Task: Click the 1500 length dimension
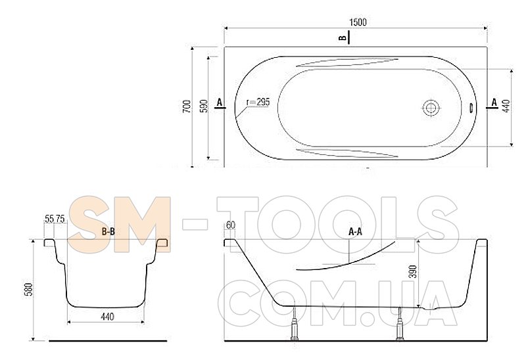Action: click(358, 22)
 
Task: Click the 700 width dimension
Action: click(187, 106)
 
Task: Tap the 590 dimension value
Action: click(204, 106)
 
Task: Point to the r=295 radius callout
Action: click(258, 102)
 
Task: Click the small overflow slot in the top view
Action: click(471, 108)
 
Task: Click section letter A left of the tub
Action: click(220, 102)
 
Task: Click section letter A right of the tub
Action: click(494, 102)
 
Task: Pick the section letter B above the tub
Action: click(343, 37)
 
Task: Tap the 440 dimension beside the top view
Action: click(506, 106)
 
